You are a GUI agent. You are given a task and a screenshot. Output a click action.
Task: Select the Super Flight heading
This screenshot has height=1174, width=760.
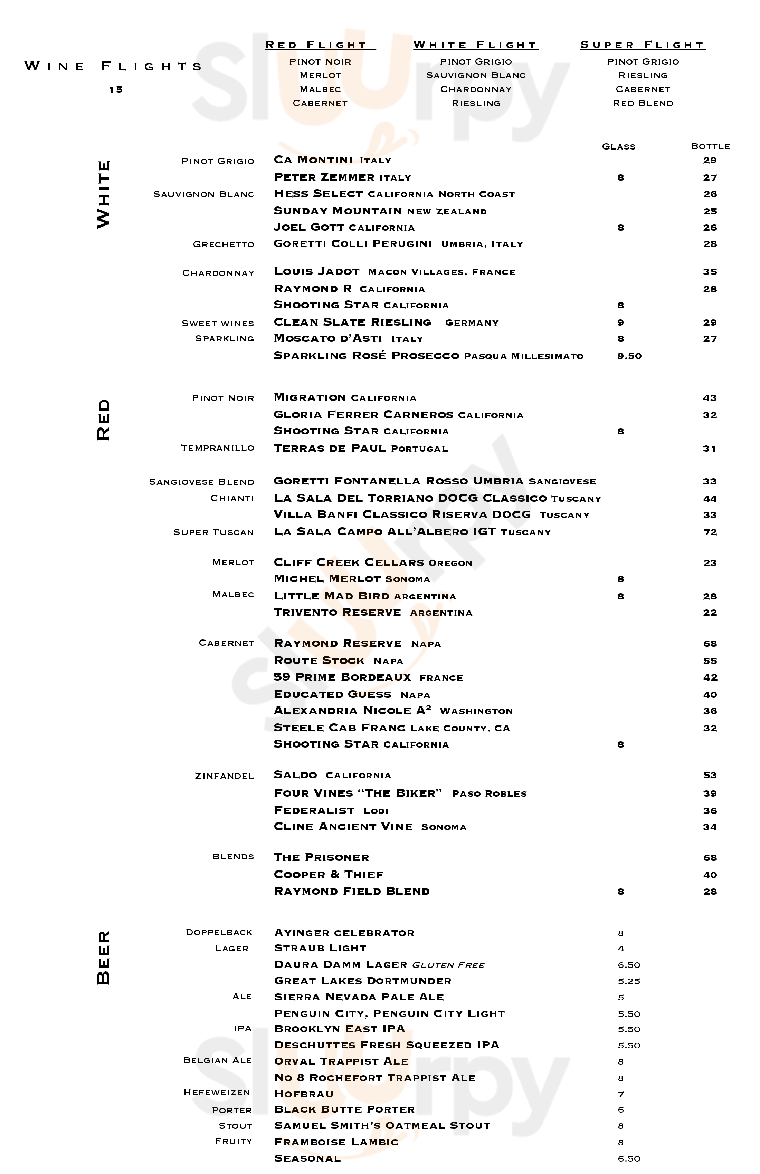tap(642, 45)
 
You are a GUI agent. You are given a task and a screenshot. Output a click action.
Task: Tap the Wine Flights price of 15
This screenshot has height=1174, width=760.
tap(116, 89)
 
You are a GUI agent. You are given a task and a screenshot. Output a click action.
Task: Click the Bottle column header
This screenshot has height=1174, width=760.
tap(710, 146)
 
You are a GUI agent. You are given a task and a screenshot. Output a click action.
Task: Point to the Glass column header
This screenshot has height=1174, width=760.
tap(619, 146)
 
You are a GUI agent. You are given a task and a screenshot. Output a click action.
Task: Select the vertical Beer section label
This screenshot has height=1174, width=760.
tap(104, 958)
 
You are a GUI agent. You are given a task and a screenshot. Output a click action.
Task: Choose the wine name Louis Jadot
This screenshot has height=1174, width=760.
tap(316, 272)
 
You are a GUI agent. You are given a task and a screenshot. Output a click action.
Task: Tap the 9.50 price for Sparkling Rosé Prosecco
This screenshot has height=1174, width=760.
tap(629, 356)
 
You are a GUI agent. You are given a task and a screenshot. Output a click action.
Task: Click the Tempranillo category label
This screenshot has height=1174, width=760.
tap(218, 448)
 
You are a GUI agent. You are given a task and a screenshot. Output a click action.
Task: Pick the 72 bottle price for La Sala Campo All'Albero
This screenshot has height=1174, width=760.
tap(710, 532)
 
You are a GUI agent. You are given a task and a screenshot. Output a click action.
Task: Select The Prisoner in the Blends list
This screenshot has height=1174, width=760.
tap(321, 857)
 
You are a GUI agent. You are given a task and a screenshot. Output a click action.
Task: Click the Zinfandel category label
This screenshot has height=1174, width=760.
tap(225, 776)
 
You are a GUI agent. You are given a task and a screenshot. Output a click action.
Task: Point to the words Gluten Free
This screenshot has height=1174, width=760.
tap(448, 965)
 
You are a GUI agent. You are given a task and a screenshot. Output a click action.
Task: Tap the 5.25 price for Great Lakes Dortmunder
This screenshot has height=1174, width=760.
tap(629, 981)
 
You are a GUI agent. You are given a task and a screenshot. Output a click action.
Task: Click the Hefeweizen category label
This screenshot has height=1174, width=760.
tap(217, 1093)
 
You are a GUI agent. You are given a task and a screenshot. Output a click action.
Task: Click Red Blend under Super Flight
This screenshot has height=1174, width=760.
tap(643, 104)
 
